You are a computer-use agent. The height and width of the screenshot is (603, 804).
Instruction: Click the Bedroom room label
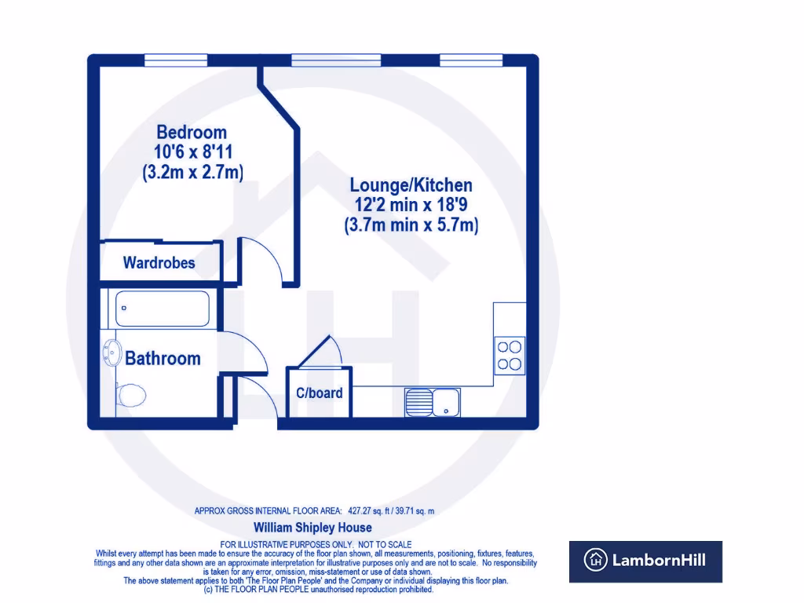[192, 132]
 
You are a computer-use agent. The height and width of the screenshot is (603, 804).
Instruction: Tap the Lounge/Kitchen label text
[411, 185]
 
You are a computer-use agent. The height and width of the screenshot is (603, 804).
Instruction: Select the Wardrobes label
[159, 263]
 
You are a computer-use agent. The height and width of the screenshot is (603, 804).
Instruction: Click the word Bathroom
[163, 359]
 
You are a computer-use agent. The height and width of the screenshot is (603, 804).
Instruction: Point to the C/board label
[319, 393]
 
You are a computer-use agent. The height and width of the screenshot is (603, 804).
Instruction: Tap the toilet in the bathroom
[130, 395]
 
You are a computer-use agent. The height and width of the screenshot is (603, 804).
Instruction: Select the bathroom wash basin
[110, 354]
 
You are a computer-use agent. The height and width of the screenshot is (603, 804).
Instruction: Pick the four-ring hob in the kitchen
[510, 354]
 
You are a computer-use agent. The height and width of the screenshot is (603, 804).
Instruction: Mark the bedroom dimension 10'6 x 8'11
[192, 152]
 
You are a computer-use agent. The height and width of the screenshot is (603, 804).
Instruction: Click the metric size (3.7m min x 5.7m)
[411, 225]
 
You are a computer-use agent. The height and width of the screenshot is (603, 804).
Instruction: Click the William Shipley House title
[312, 528]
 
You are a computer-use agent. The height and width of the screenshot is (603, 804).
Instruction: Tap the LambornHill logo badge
[645, 561]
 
